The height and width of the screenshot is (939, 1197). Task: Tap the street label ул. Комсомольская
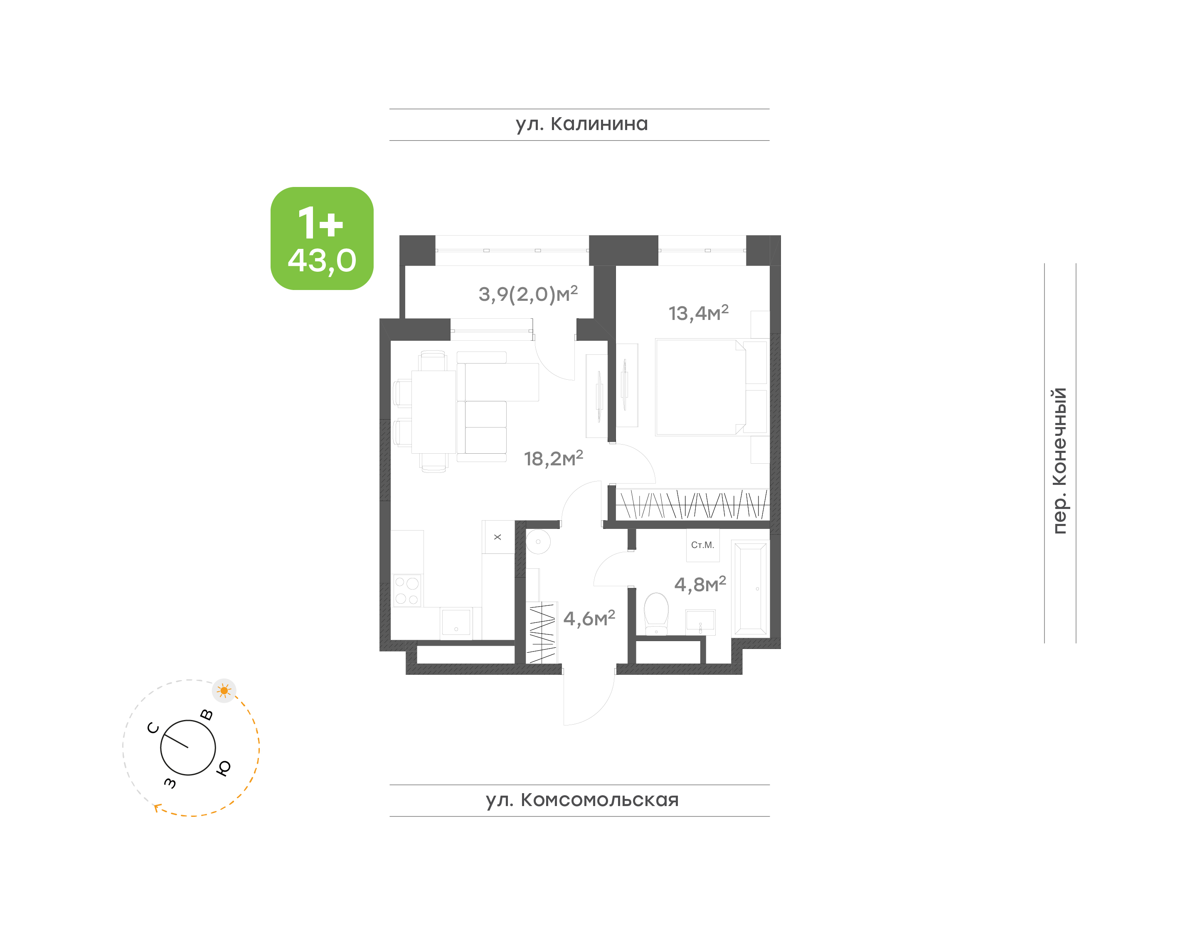(x=582, y=800)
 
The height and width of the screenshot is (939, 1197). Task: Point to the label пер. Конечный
(x=1059, y=461)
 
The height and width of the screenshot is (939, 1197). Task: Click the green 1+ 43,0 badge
(x=322, y=238)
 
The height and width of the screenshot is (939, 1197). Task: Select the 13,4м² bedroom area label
(x=698, y=312)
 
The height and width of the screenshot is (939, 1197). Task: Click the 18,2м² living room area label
(x=553, y=458)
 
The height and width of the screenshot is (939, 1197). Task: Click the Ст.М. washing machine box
(x=703, y=546)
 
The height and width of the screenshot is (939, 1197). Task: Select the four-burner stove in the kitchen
(x=407, y=590)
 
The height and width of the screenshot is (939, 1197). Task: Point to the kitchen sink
(x=456, y=622)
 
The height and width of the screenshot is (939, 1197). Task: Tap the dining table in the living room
(x=434, y=412)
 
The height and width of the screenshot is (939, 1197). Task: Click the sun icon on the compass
(x=224, y=691)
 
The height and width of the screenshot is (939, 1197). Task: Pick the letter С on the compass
(x=153, y=728)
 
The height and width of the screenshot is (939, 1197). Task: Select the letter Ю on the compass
(x=223, y=768)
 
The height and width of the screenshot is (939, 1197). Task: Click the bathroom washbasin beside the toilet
(x=700, y=622)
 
